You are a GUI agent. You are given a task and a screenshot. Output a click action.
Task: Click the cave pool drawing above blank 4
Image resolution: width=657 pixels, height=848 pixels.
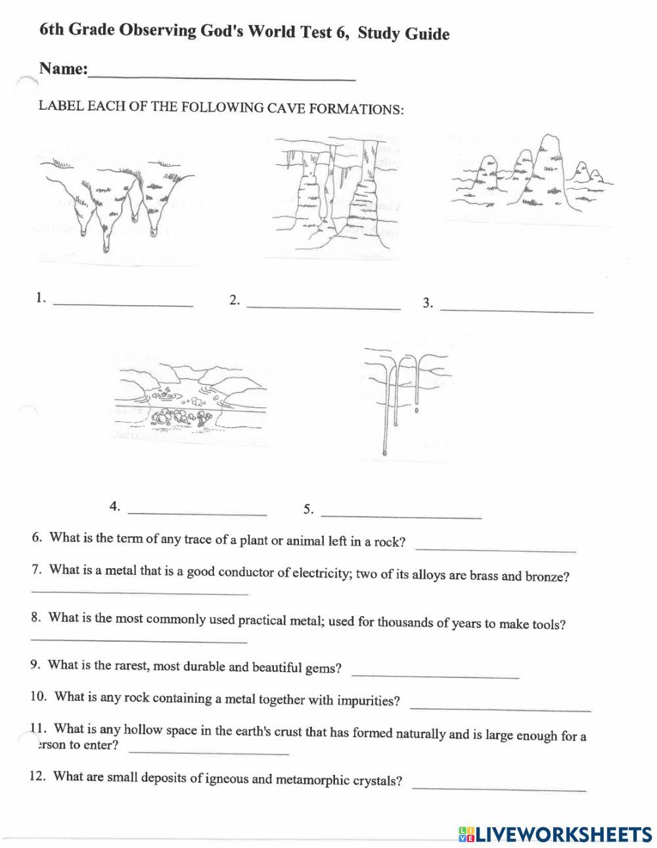[191, 403]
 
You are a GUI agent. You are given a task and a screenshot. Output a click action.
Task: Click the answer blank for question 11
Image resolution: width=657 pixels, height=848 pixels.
[208, 750]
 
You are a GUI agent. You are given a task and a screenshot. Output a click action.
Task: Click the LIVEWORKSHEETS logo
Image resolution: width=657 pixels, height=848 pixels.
[555, 834]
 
